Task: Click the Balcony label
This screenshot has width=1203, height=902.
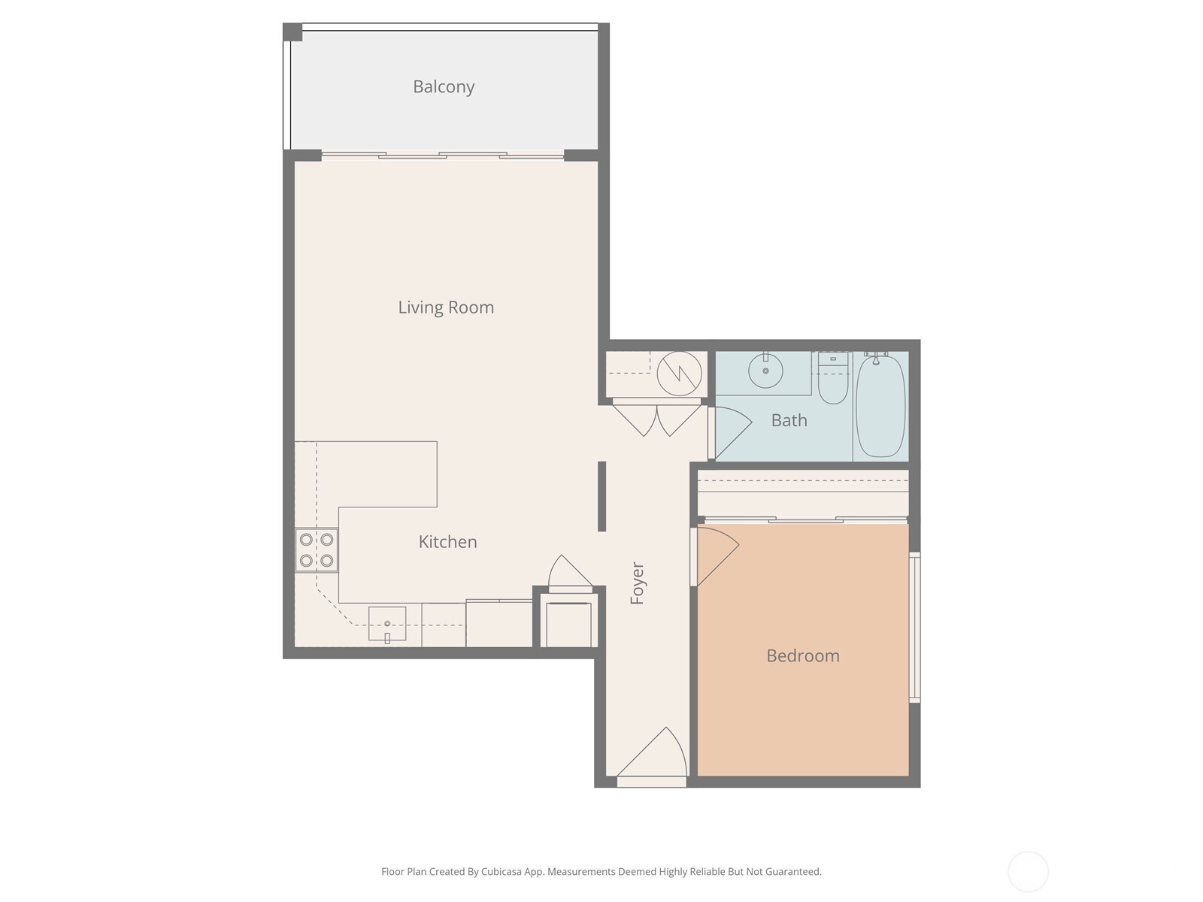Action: pyautogui.click(x=444, y=86)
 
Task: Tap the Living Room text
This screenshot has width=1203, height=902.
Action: pyautogui.click(x=446, y=307)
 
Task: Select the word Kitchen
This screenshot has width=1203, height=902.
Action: pyautogui.click(x=447, y=541)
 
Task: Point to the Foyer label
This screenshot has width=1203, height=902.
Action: pyautogui.click(x=638, y=583)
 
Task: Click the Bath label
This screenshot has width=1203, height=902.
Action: pyautogui.click(x=789, y=420)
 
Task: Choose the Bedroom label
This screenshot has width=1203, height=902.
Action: pyautogui.click(x=802, y=655)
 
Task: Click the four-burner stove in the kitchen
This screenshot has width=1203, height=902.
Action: pyautogui.click(x=317, y=549)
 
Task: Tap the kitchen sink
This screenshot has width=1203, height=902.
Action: pyautogui.click(x=387, y=624)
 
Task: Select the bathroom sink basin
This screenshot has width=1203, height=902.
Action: pyautogui.click(x=765, y=371)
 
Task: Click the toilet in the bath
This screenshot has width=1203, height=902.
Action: pyautogui.click(x=832, y=381)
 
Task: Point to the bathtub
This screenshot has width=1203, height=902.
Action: pyautogui.click(x=880, y=406)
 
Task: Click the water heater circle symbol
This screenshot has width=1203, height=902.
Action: pyautogui.click(x=679, y=373)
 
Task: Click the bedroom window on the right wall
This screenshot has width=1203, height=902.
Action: pyautogui.click(x=914, y=627)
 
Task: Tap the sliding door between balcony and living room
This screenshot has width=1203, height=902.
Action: pyautogui.click(x=443, y=156)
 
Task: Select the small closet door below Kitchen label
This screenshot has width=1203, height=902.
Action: pyautogui.click(x=569, y=574)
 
